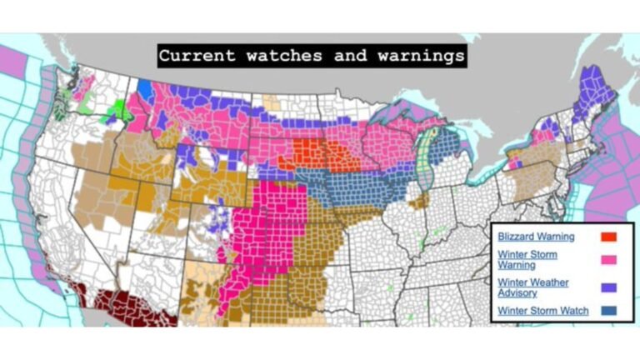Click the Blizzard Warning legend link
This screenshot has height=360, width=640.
pos(535,237)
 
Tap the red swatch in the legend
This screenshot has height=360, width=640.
pos(608,237)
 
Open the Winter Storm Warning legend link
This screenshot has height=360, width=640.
pos(527,259)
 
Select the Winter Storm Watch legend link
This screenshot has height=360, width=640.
pos(542,311)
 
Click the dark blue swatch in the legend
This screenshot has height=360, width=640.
pos(608,311)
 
